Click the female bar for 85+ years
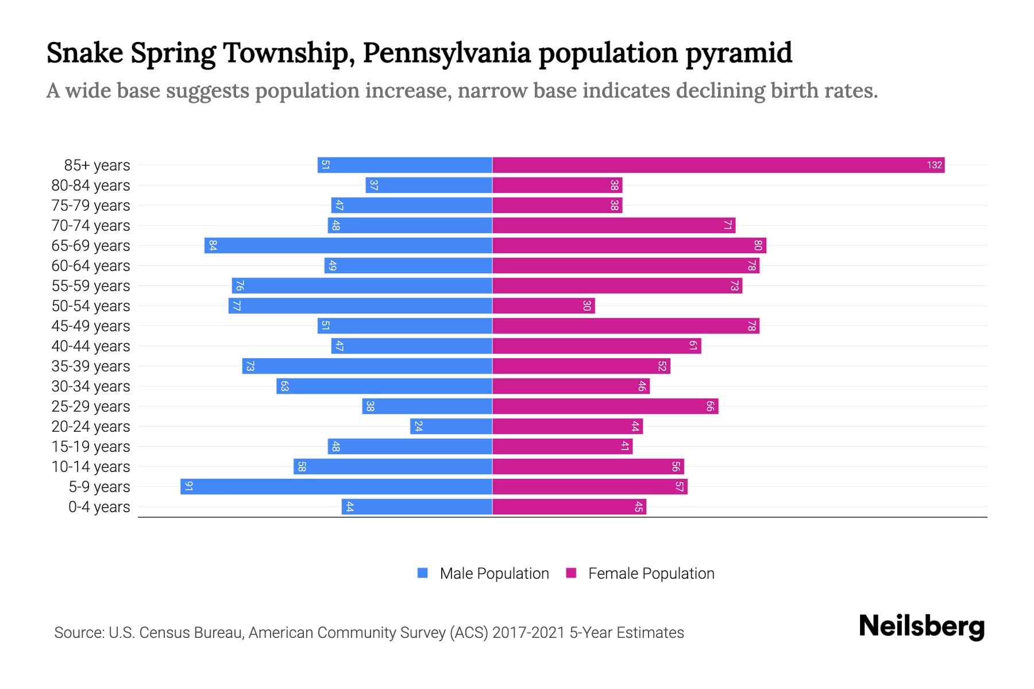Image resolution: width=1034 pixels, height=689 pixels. (x=718, y=165)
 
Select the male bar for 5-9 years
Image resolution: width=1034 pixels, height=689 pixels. (x=336, y=486)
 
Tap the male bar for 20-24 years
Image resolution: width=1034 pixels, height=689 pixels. (x=451, y=426)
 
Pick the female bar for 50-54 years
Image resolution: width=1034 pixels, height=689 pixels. (x=543, y=305)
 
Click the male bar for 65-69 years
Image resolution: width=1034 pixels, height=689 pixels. (x=348, y=245)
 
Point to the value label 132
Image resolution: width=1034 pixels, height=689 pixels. (x=934, y=165)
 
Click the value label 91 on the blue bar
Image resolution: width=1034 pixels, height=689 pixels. (x=188, y=486)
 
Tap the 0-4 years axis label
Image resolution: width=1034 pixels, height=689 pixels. (x=99, y=507)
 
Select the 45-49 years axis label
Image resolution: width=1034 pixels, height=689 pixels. (x=91, y=326)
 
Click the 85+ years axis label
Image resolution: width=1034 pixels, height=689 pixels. (x=97, y=165)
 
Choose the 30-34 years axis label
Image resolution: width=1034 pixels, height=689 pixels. (x=91, y=386)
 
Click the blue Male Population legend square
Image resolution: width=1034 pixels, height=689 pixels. (x=423, y=573)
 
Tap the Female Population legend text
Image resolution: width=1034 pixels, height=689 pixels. (x=651, y=574)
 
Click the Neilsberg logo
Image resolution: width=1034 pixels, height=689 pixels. (x=921, y=626)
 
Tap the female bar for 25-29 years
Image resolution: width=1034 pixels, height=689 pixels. (x=605, y=406)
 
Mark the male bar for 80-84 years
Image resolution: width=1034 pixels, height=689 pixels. (x=429, y=185)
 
